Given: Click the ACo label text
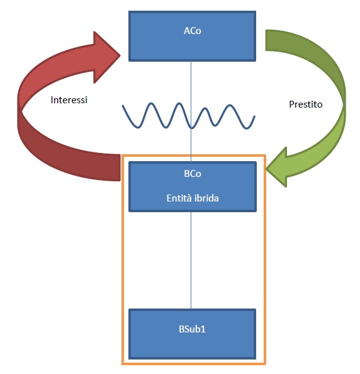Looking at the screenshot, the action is click(x=193, y=31).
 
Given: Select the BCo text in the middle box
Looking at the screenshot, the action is click(x=193, y=174).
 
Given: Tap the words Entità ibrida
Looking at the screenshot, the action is click(x=193, y=198).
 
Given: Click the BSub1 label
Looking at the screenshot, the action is click(x=192, y=329).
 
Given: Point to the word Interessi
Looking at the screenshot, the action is click(x=69, y=100).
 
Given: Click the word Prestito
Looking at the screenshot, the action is click(x=306, y=105).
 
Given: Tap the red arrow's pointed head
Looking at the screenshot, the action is click(x=120, y=55).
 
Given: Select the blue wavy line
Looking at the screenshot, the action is click(x=189, y=116).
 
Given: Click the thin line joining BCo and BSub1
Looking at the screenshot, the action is click(x=191, y=261).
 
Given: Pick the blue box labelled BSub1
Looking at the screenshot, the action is click(x=192, y=334).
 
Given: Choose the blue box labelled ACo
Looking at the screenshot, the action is click(x=192, y=36).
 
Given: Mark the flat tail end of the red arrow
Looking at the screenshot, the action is click(x=120, y=167).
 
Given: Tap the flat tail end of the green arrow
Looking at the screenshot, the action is click(x=266, y=40).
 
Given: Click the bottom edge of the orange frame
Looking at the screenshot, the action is click(x=194, y=364).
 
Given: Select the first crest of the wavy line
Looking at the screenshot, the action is click(x=152, y=103).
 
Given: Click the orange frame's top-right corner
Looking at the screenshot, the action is click(x=266, y=156).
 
